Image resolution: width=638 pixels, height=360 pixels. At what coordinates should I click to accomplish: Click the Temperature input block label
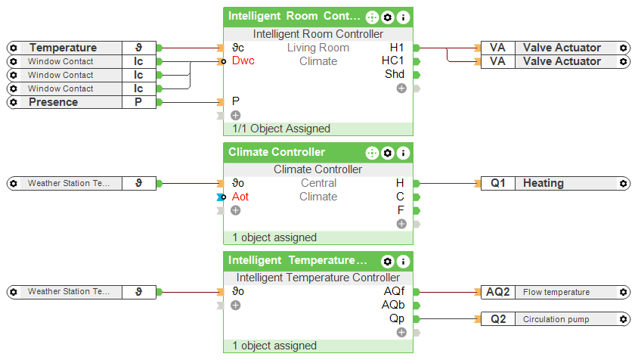click(x=63, y=48)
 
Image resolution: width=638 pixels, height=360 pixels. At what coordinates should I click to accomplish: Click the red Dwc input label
click(x=243, y=61)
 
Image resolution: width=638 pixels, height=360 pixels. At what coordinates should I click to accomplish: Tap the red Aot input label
click(x=240, y=197)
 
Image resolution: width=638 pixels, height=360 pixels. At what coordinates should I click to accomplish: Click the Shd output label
click(x=395, y=75)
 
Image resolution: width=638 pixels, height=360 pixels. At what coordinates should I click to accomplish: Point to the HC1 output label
click(x=393, y=61)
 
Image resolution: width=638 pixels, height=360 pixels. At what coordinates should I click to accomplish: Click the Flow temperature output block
click(x=556, y=292)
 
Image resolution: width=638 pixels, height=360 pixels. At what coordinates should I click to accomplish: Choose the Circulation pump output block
click(x=556, y=319)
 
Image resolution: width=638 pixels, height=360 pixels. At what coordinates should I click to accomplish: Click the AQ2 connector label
click(x=498, y=292)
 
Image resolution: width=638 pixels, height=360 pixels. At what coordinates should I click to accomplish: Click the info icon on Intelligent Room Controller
click(x=404, y=17)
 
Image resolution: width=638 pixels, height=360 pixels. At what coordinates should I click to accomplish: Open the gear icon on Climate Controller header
click(x=388, y=153)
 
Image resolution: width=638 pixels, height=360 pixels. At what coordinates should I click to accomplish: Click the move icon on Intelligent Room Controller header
click(x=372, y=17)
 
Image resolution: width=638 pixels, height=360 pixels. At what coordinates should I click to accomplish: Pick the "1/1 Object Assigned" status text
click(x=281, y=129)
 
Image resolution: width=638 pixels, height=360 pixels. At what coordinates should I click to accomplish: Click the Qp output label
click(x=397, y=319)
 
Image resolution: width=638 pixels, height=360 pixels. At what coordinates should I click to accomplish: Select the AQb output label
click(x=394, y=306)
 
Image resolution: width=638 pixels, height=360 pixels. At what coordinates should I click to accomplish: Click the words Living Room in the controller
click(x=318, y=48)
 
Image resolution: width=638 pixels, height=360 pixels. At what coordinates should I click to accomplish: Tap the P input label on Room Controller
click(x=236, y=101)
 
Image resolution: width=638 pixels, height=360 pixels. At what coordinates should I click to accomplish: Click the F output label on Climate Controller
click(x=401, y=210)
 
